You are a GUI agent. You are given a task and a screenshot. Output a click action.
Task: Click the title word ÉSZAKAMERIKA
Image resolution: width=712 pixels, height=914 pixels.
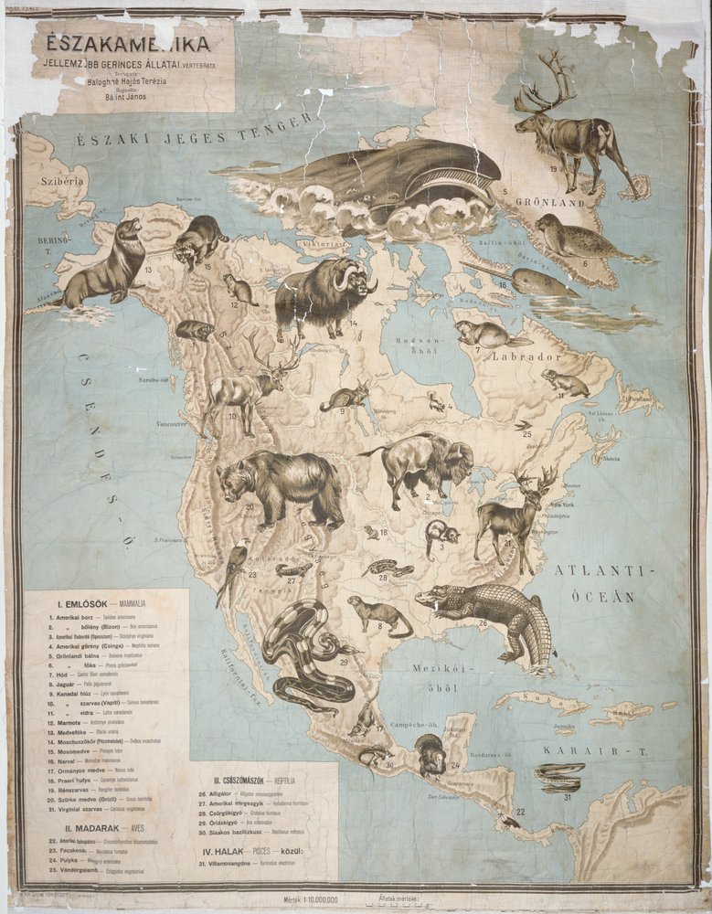coord(122,43)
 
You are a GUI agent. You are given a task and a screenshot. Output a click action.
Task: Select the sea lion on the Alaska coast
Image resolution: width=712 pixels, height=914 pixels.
coord(105,266)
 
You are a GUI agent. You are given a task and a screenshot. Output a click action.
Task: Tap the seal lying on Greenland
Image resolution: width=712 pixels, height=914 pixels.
coord(576,239)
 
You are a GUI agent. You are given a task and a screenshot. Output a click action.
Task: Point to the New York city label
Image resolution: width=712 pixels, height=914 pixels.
coord(560,505)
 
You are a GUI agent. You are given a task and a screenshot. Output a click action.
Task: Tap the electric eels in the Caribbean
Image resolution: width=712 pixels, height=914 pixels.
coord(558,778)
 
